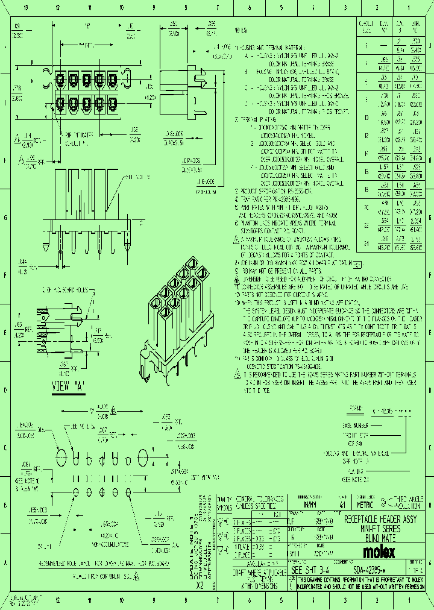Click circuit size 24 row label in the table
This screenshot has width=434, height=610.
pos(366,244)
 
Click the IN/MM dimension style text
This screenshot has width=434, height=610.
pos(308,504)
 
